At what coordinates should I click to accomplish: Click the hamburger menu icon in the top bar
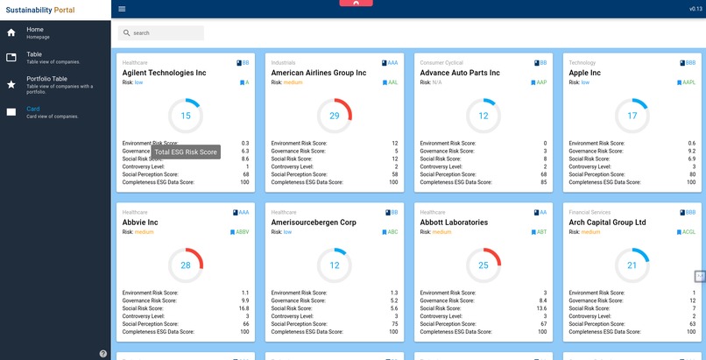[122, 9]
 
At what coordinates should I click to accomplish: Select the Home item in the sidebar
[35, 32]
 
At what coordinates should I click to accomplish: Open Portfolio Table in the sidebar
[47, 81]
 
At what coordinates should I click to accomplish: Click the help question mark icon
[103, 353]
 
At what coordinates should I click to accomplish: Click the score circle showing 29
[335, 116]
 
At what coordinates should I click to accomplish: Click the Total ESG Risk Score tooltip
[186, 152]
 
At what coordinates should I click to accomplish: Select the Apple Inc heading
[584, 73]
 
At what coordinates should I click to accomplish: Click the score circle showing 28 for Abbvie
[186, 265]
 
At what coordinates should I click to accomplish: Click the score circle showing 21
[632, 265]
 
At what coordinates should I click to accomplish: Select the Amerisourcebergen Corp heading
[314, 222]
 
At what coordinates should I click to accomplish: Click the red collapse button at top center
[355, 4]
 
